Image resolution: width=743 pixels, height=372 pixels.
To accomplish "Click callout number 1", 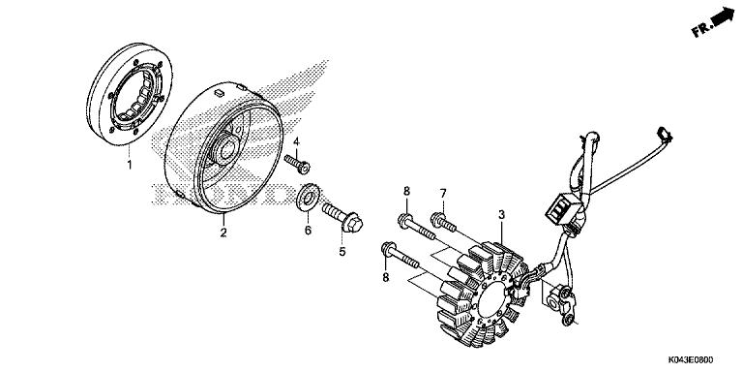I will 129,166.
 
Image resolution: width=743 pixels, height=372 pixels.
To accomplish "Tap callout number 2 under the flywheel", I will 223,232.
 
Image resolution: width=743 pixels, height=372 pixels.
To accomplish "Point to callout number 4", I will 297,143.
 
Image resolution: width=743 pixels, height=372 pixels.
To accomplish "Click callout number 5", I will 341,253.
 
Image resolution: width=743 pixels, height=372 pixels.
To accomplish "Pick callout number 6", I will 308,231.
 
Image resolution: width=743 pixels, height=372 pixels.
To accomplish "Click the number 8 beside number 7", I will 407,191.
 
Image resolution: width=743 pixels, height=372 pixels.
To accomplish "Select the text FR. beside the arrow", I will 700,30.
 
